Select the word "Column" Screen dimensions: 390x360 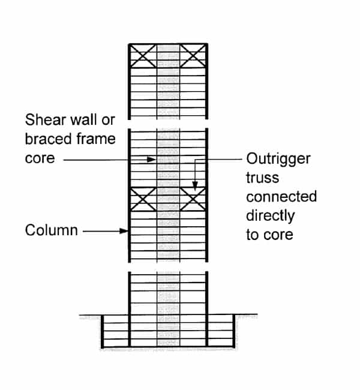(52, 230)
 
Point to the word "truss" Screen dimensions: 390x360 (263, 178)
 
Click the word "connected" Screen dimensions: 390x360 (281, 197)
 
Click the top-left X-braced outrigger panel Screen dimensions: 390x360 (143, 56)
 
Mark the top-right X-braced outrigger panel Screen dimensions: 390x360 (193, 56)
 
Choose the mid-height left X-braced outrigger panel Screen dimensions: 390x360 (143, 199)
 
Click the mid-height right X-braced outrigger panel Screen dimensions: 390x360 (193, 199)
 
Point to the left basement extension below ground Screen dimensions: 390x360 (116, 331)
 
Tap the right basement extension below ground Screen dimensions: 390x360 (221, 331)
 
